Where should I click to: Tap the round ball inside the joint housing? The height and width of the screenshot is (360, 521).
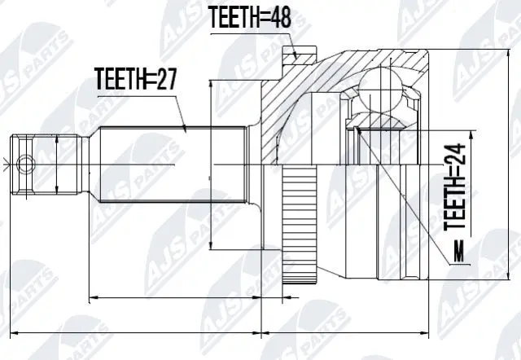pyautogui.click(x=383, y=90)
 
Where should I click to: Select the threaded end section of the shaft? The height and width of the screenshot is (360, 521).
pyautogui.click(x=49, y=163)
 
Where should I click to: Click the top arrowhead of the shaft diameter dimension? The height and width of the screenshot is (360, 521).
pyautogui.click(x=212, y=84)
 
